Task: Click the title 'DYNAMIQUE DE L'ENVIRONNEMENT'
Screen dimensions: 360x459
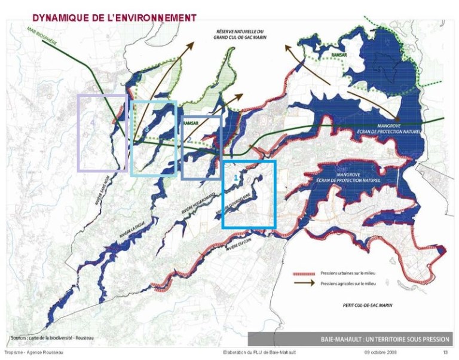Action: tap(114, 17)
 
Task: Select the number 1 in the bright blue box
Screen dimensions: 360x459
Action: tap(236, 178)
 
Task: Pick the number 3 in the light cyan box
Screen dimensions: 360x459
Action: tap(146, 129)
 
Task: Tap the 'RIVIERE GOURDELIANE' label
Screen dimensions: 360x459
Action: tap(238, 203)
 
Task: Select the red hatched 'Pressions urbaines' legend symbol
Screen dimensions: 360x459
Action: tap(304, 273)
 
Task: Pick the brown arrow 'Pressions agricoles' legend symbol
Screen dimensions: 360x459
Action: tap(304, 283)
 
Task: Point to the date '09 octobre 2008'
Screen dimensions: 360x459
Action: tap(381, 353)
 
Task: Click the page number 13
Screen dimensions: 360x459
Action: tap(445, 353)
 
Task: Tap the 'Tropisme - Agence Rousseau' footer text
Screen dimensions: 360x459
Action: tap(35, 353)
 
